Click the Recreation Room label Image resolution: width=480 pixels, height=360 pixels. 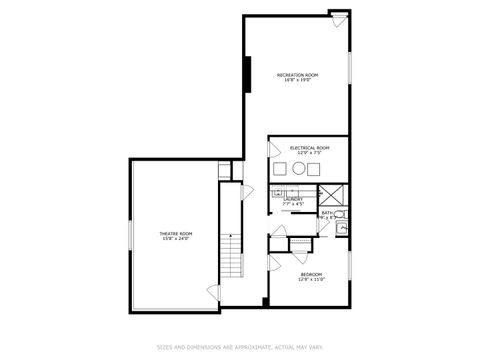pyautogui.click(x=297, y=75)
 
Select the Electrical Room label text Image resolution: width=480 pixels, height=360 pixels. pyautogui.click(x=309, y=147)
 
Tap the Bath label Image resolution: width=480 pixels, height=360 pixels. pyautogui.click(x=328, y=212)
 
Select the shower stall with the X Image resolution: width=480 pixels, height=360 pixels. pyautogui.click(x=332, y=194)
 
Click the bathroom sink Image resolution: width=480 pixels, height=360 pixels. pyautogui.click(x=342, y=229)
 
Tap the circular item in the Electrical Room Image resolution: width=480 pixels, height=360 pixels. pyautogui.click(x=298, y=169)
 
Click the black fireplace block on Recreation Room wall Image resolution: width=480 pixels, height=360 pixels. pyautogui.click(x=247, y=74)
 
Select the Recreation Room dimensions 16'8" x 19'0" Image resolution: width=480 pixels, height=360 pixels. pyautogui.click(x=297, y=81)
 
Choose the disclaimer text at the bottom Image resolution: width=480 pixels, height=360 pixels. pyautogui.click(x=239, y=347)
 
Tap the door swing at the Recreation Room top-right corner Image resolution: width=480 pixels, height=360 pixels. pyautogui.click(x=339, y=19)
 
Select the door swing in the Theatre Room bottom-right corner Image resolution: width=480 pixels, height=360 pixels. pyautogui.click(x=211, y=293)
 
